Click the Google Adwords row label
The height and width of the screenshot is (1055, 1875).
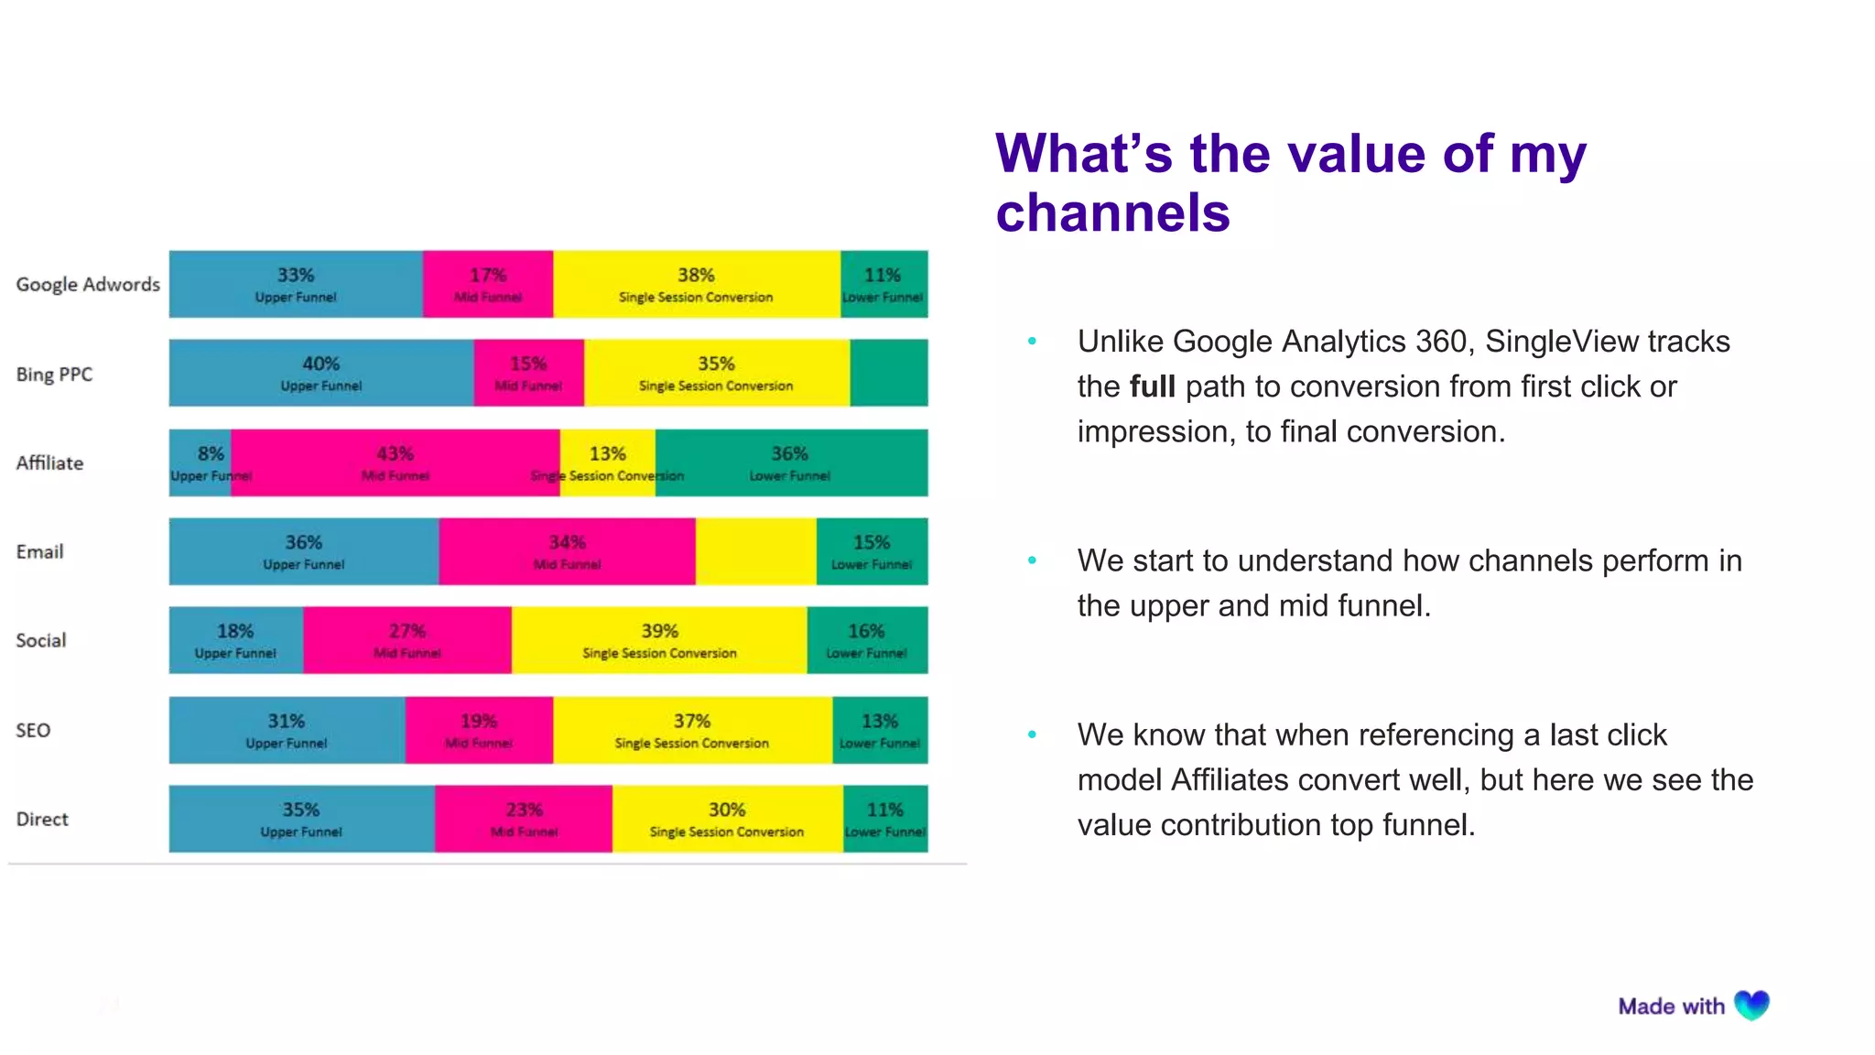tap(88, 284)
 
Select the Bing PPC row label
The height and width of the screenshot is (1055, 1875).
tap(54, 374)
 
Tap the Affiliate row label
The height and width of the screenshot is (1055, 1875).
tap(49, 462)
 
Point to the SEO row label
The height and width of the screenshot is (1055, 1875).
tap(33, 730)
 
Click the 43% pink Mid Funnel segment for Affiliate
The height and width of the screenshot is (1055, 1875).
tap(395, 462)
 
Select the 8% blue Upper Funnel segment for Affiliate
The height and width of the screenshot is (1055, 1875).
tap(201, 462)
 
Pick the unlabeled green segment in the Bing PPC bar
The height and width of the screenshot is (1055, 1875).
tap(888, 373)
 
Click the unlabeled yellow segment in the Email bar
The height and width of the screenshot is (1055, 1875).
tap(755, 551)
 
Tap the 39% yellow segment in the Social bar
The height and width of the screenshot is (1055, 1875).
tap(659, 640)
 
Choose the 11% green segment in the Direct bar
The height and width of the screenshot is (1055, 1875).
tap(884, 819)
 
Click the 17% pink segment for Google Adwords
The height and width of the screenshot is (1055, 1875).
tap(488, 284)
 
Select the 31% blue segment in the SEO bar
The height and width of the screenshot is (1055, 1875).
tap(287, 730)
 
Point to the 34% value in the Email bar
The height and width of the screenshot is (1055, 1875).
tap(567, 542)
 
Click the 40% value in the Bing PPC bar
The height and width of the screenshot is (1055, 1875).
tap(320, 364)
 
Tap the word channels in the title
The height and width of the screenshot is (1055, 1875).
tap(1112, 213)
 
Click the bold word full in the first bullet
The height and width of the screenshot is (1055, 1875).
tap(1152, 386)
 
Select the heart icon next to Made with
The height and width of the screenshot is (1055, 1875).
tap(1751, 1006)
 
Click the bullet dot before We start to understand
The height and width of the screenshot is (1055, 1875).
tap(1032, 560)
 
